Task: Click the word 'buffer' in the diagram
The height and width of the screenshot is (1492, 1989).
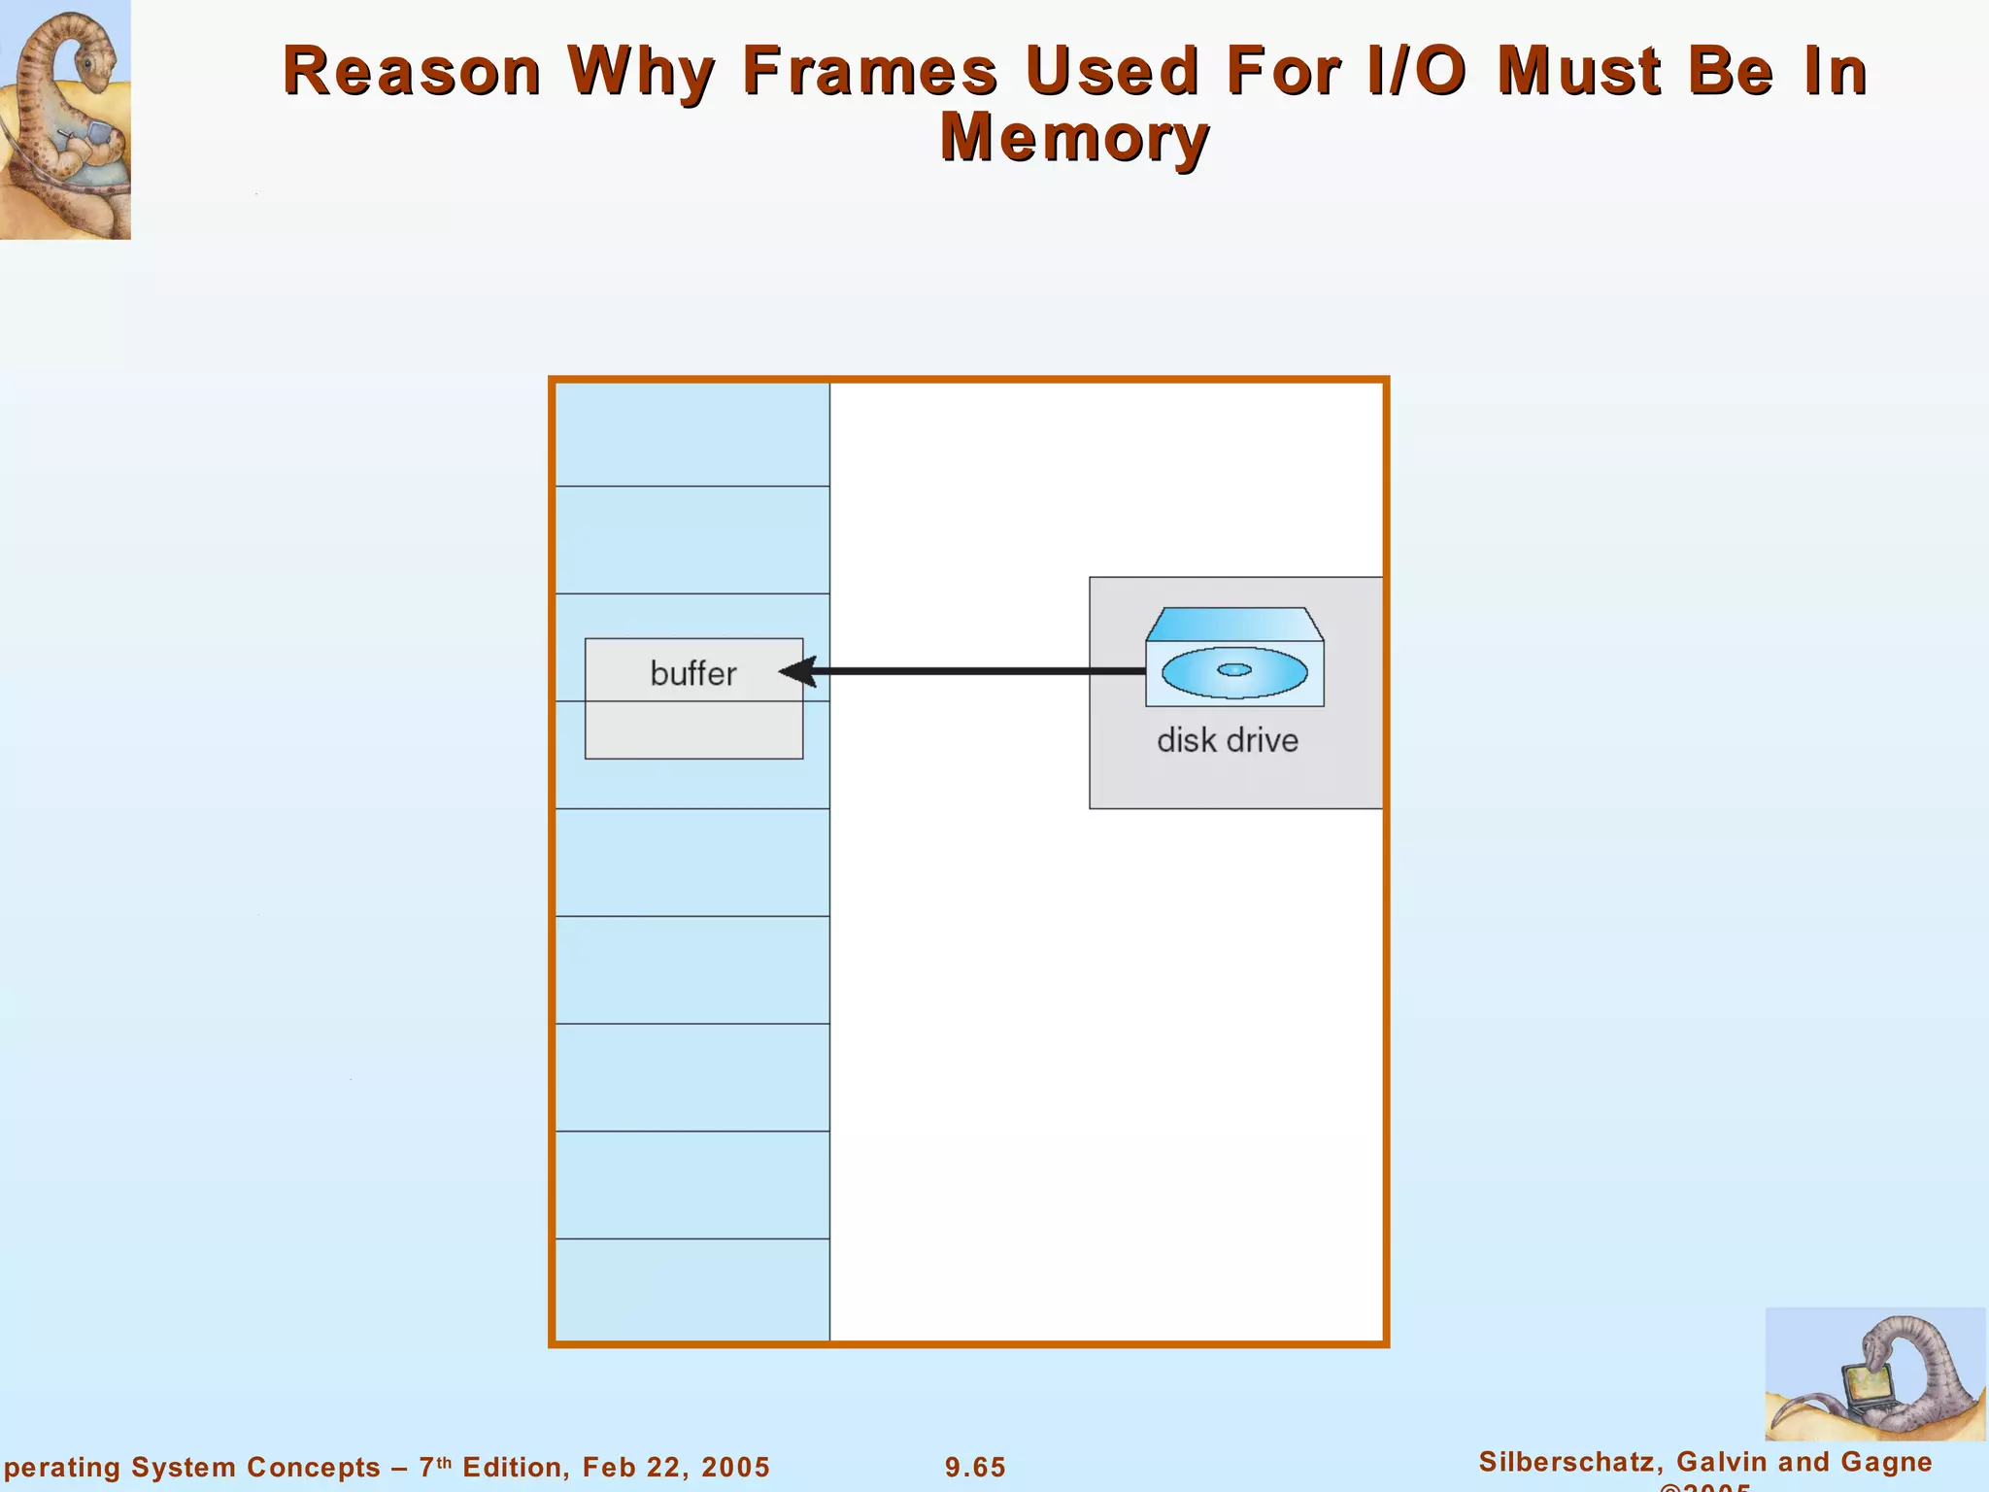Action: pyautogui.click(x=692, y=673)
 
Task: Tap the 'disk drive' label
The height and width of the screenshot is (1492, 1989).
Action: pyautogui.click(x=1227, y=740)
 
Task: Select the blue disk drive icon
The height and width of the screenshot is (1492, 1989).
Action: pyautogui.click(x=1234, y=658)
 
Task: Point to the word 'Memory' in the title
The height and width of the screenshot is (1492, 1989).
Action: pyautogui.click(x=1075, y=137)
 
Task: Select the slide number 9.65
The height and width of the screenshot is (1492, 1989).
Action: pyautogui.click(x=975, y=1467)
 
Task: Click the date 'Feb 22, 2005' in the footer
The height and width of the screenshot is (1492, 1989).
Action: pyautogui.click(x=675, y=1467)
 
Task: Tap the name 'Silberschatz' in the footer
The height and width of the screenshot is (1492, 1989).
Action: pyautogui.click(x=1567, y=1462)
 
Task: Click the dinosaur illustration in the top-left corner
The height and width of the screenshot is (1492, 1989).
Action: pyautogui.click(x=64, y=119)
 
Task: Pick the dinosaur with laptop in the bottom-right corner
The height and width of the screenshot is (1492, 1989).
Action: pyautogui.click(x=1874, y=1373)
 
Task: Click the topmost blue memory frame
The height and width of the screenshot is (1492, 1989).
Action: pyautogui.click(x=691, y=434)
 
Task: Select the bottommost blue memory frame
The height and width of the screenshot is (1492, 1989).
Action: pyautogui.click(x=691, y=1289)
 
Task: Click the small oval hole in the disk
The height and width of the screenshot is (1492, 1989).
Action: pyautogui.click(x=1234, y=669)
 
